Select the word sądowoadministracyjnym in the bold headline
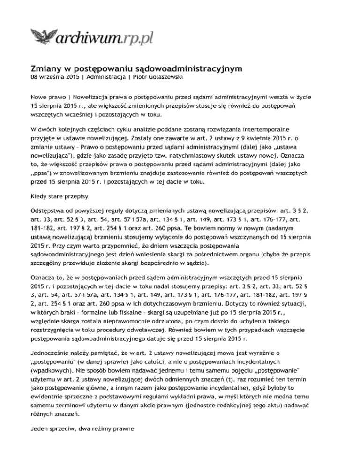point(176,69)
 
